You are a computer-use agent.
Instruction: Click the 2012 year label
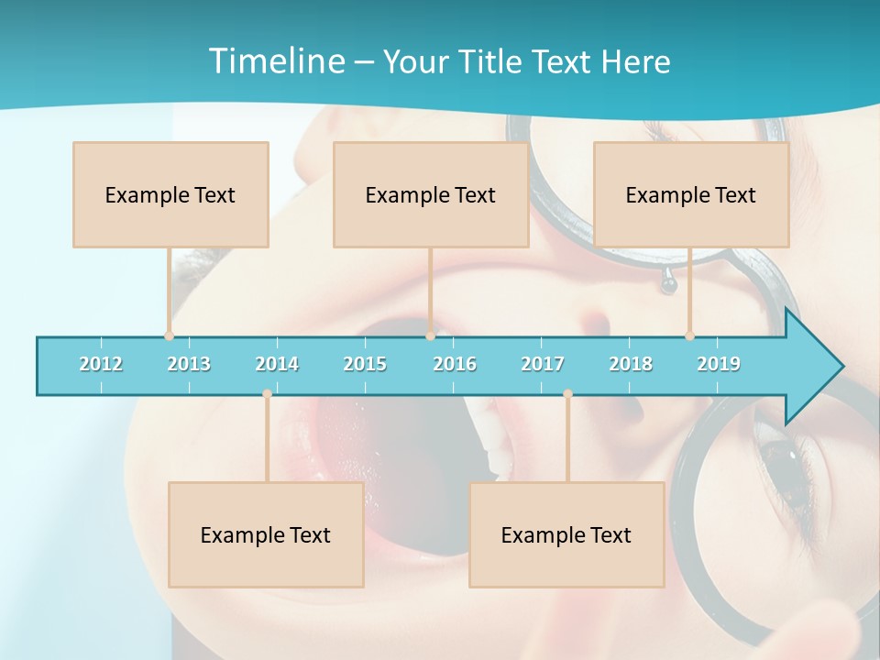click(x=101, y=364)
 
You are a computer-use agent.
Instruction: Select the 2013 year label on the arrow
click(x=189, y=364)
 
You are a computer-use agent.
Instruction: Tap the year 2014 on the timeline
click(x=277, y=364)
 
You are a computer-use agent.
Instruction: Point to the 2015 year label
click(x=365, y=364)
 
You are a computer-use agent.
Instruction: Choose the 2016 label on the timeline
click(x=455, y=364)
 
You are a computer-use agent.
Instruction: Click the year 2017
click(x=543, y=364)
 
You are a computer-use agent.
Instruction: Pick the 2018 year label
click(x=631, y=364)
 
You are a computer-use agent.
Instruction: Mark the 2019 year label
click(x=719, y=364)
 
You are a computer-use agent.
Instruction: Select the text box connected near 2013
click(x=170, y=194)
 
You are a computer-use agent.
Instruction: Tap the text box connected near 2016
click(x=431, y=194)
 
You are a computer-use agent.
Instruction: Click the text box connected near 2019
click(x=691, y=194)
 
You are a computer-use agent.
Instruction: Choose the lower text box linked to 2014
click(x=266, y=534)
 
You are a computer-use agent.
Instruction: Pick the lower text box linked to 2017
click(x=566, y=534)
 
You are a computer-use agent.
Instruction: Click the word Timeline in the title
click(x=276, y=61)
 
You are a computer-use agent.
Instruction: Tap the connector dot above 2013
click(x=169, y=335)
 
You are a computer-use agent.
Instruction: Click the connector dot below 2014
click(x=267, y=394)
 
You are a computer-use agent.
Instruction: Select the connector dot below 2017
click(x=567, y=394)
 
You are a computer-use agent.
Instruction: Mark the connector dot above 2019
click(x=689, y=335)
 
